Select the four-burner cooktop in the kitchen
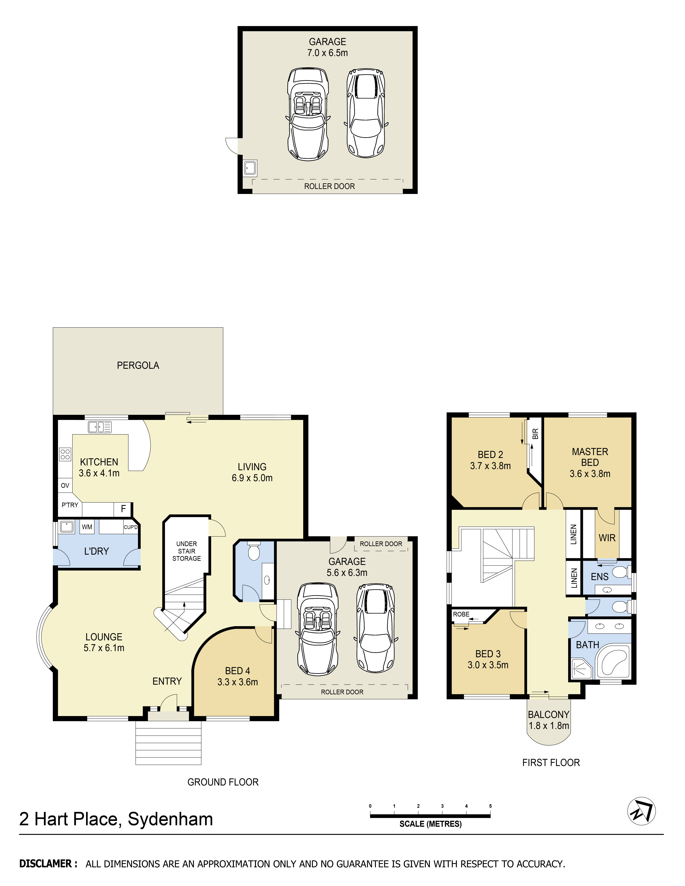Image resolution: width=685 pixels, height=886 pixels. point(65,454)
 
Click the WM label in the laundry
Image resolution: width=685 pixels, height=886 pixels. point(87,527)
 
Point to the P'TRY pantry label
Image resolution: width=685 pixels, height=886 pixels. point(70,505)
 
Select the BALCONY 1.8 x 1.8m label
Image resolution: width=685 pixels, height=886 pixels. point(548,720)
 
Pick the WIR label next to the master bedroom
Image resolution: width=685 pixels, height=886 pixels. point(607,538)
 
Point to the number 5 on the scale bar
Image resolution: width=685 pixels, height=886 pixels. point(490,806)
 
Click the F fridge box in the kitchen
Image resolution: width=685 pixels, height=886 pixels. point(123,509)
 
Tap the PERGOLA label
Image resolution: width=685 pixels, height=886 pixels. point(138,366)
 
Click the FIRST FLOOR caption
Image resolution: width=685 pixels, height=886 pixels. point(551,763)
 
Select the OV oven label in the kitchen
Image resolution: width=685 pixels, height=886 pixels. point(65,486)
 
